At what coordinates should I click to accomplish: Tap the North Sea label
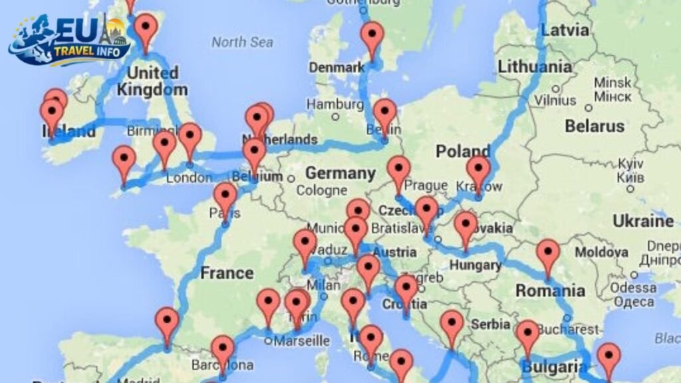pyautogui.click(x=242, y=43)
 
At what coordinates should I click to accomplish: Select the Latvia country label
pyautogui.click(x=565, y=30)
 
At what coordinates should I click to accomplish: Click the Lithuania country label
pyautogui.click(x=534, y=66)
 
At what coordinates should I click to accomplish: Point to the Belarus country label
pyautogui.click(x=595, y=126)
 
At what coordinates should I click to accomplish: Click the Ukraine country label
pyautogui.click(x=642, y=220)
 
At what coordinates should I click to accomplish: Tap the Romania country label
pyautogui.click(x=549, y=291)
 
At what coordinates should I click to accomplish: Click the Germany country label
pyautogui.click(x=340, y=173)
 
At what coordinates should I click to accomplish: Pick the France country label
pyautogui.click(x=227, y=273)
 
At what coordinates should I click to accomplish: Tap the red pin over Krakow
pyautogui.click(x=478, y=170)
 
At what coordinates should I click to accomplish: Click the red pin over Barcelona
pyautogui.click(x=223, y=350)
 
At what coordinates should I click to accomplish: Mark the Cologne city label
pyautogui.click(x=321, y=191)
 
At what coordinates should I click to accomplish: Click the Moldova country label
pyautogui.click(x=601, y=253)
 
